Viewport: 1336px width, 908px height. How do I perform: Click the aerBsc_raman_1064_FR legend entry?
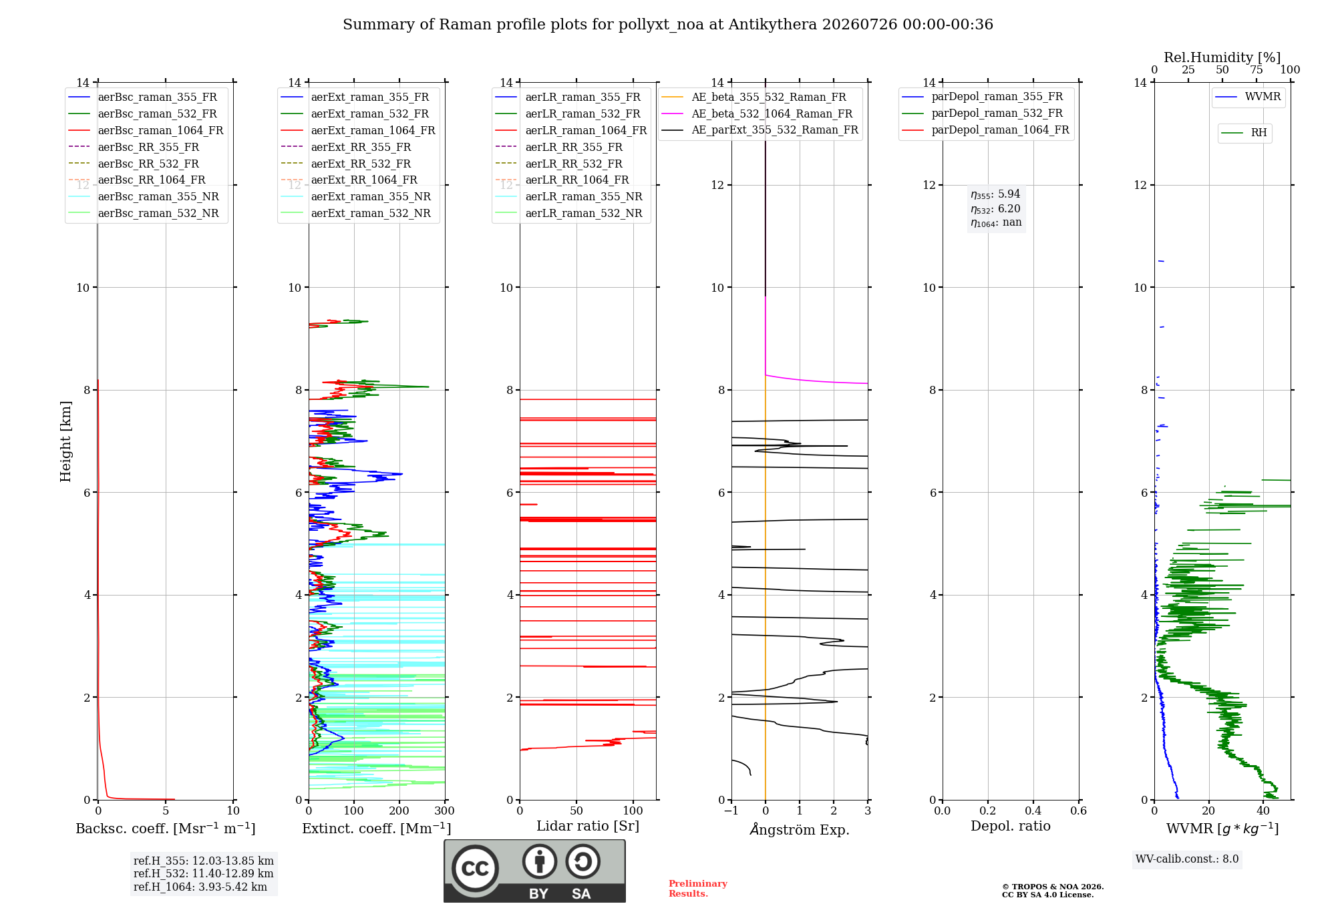[146, 131]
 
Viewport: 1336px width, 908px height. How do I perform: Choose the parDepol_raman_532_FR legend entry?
[983, 113]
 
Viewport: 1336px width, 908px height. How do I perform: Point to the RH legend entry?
[1244, 133]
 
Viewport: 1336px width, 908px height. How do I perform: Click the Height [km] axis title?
[65, 441]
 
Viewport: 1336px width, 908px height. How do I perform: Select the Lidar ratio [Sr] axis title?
[588, 827]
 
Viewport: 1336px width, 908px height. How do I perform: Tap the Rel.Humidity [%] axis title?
[1222, 57]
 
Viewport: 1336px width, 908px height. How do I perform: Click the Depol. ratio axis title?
[1011, 827]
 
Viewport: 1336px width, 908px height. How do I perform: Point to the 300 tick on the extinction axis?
[445, 811]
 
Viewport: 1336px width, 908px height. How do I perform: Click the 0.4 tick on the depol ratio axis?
[1033, 811]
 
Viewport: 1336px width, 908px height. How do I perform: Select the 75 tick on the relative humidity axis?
[1257, 70]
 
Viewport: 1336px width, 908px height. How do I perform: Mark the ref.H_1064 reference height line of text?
[200, 887]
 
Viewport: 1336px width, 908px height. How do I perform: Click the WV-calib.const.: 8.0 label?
[1187, 859]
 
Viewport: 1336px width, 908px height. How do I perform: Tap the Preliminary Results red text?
[698, 889]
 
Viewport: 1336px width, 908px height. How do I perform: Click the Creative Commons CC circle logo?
[475, 869]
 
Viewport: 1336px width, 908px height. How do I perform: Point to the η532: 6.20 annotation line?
[995, 209]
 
